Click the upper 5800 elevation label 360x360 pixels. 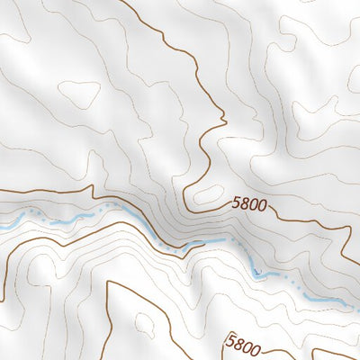coord(249,205)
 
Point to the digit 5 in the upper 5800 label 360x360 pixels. coord(236,203)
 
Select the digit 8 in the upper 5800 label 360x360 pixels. coord(245,204)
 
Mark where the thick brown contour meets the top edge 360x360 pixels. coord(121,2)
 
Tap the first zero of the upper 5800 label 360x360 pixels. coord(254,205)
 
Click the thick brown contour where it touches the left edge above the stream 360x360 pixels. coord(2,192)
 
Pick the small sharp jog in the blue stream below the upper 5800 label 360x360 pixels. coord(256,271)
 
